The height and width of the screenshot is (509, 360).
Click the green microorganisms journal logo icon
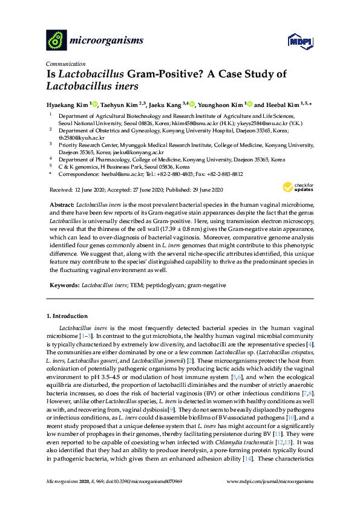coord(56,40)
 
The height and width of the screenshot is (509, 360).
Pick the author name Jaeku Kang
coord(165,104)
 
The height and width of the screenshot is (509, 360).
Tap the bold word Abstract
coord(61,206)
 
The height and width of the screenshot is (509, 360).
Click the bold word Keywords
coord(63,284)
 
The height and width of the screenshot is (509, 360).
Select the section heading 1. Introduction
coord(67,316)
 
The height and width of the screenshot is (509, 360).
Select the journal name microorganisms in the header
coord(107,41)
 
